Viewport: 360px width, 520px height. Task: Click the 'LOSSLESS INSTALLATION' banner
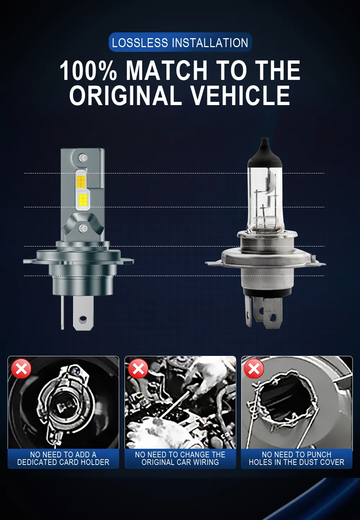click(x=180, y=42)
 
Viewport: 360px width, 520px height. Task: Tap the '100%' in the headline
click(x=88, y=70)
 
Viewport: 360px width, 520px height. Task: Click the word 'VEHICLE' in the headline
click(x=240, y=95)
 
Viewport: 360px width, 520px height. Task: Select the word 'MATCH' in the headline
click(x=167, y=70)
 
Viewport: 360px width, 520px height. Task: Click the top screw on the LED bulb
click(x=82, y=158)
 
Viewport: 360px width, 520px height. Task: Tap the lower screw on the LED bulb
click(x=83, y=228)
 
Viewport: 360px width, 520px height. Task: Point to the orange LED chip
click(x=81, y=181)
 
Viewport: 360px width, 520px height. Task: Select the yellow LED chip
click(x=83, y=200)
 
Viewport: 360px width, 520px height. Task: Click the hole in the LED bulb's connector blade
click(x=83, y=319)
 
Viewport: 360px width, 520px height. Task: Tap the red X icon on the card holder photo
click(x=21, y=368)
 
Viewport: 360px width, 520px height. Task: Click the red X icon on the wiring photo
click(x=138, y=368)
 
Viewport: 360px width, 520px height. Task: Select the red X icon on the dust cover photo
click(x=254, y=368)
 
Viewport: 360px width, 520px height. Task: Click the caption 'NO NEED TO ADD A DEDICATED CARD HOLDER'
click(x=63, y=458)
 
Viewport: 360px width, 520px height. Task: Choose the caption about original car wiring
click(x=180, y=458)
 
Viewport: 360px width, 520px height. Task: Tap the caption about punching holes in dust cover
click(x=297, y=458)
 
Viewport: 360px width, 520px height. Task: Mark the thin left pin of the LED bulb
click(x=62, y=312)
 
